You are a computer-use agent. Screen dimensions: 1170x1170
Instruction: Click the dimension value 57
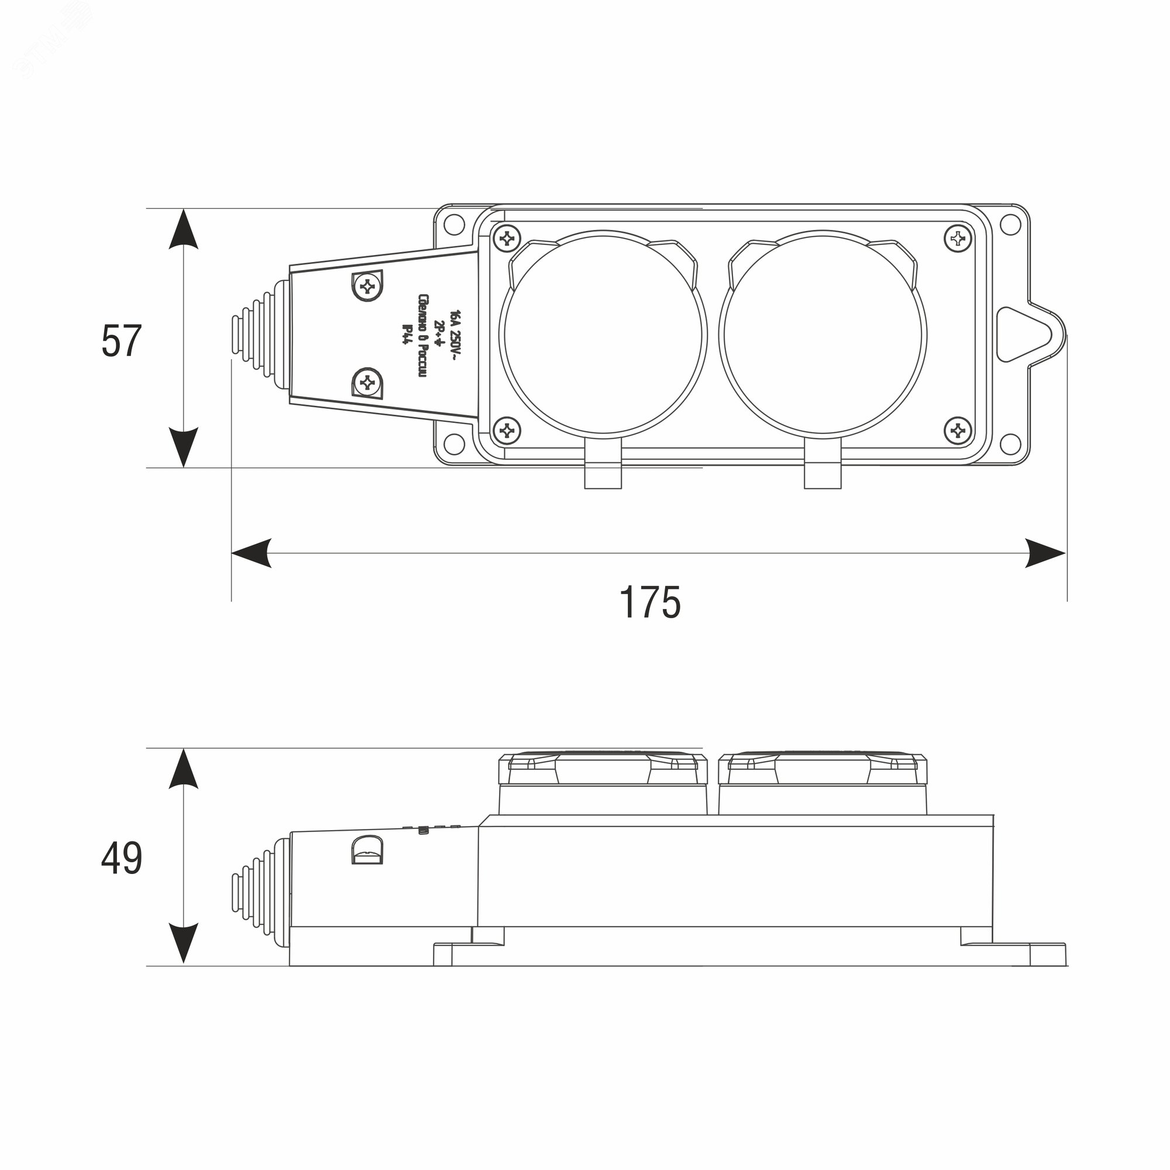(121, 341)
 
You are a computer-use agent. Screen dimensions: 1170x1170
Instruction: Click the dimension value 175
(649, 603)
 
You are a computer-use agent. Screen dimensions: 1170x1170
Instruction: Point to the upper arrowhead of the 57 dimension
(184, 229)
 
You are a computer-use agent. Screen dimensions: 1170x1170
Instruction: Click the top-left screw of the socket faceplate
(507, 238)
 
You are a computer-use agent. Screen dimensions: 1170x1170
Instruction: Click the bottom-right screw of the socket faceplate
(958, 431)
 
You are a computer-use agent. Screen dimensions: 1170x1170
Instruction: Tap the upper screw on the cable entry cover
(367, 285)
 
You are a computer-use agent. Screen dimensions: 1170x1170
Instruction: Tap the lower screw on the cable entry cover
(367, 383)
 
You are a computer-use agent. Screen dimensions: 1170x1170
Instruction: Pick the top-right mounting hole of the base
(1010, 225)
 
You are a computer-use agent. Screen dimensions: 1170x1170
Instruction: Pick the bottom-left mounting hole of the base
(453, 443)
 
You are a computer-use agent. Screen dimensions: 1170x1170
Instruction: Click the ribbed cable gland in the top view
(257, 335)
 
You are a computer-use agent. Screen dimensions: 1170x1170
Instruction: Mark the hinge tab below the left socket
(603, 472)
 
